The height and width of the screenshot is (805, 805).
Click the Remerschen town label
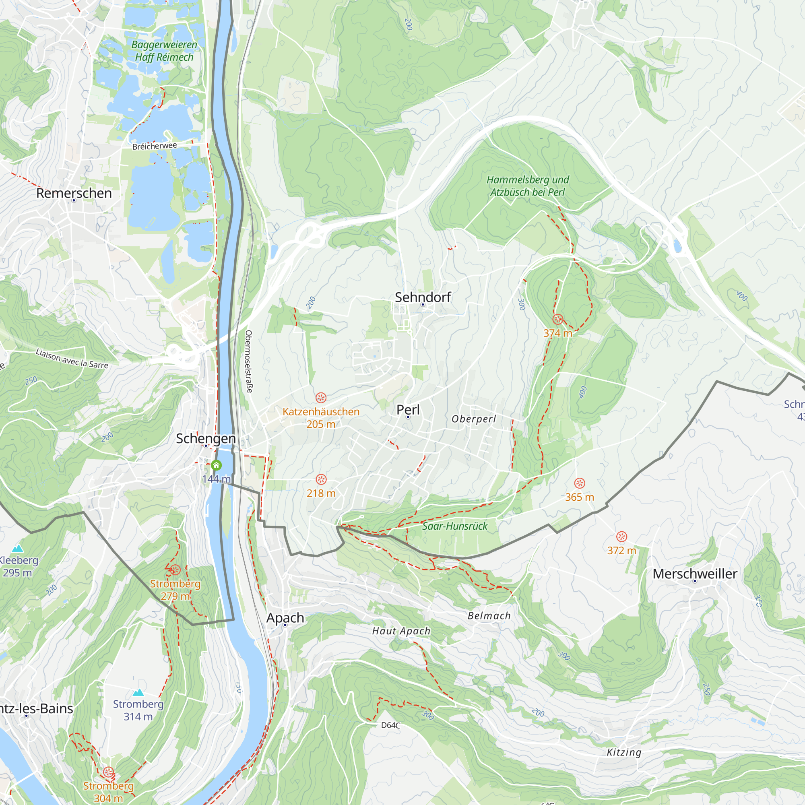click(x=74, y=193)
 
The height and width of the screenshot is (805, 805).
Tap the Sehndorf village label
click(x=423, y=297)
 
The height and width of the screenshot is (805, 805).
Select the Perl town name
click(x=408, y=410)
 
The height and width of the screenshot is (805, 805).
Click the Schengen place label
click(x=206, y=438)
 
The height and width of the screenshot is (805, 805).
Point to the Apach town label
click(x=285, y=617)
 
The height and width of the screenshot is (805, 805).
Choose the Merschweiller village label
click(x=695, y=574)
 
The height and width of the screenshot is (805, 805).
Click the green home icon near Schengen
click(x=216, y=465)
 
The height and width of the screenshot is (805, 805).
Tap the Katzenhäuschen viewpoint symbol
click(x=320, y=397)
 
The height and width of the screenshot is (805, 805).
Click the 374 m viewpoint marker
click(x=557, y=320)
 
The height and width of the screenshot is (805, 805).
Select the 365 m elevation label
click(x=579, y=497)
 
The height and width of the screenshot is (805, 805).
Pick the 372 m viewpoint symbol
click(x=621, y=537)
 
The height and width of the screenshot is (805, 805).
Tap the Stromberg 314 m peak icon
click(x=138, y=692)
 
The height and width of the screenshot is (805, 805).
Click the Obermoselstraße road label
click(x=249, y=361)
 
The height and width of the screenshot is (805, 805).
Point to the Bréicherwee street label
click(x=154, y=146)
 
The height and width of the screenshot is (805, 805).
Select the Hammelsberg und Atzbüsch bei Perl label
click(x=528, y=186)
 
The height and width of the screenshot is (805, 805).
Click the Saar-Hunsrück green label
click(x=454, y=526)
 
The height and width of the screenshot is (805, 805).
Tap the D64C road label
click(x=390, y=725)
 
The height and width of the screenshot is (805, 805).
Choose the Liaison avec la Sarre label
click(x=72, y=359)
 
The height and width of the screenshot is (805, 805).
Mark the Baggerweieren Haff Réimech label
click(x=164, y=51)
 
